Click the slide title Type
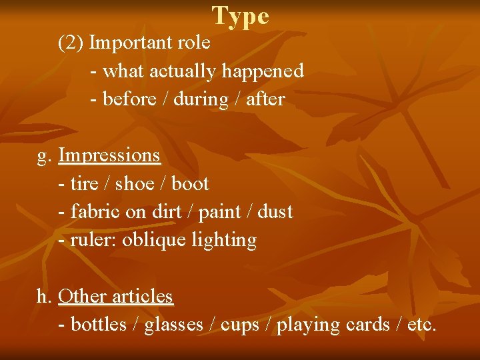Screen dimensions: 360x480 point(241,16)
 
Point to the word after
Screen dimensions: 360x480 point(265,99)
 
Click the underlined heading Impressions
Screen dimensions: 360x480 point(109,155)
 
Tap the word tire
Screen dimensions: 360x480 point(83,183)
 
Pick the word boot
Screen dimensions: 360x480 point(190,183)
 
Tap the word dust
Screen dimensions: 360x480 point(275,212)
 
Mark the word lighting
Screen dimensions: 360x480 point(225,240)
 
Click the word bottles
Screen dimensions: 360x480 point(98,325)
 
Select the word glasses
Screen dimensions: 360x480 point(173,325)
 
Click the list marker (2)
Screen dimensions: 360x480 point(71,43)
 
